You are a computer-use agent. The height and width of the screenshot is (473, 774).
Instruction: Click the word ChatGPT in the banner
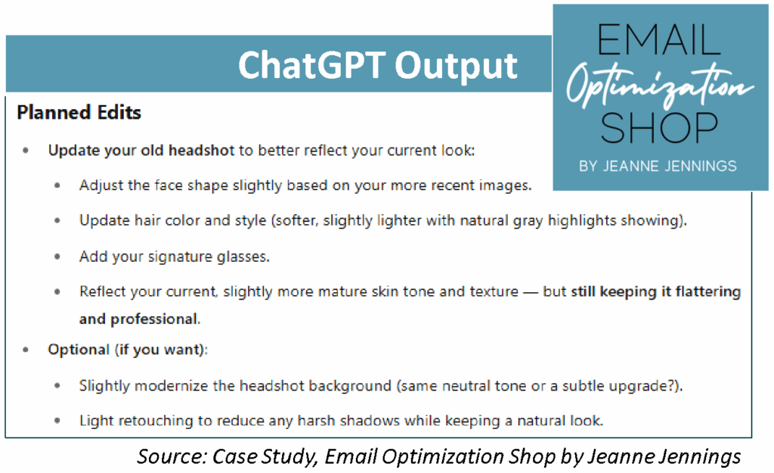[311, 65]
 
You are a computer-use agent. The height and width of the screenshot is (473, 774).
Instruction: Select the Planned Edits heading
[79, 113]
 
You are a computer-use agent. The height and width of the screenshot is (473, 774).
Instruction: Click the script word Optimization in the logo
[660, 84]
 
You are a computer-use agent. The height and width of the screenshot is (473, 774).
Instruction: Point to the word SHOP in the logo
[659, 127]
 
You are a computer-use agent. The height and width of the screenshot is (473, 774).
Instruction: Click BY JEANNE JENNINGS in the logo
[658, 166]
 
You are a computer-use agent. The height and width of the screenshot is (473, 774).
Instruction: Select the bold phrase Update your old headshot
[141, 151]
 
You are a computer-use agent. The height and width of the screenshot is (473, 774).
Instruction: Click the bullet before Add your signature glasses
[57, 257]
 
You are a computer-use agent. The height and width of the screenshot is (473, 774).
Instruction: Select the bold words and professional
[139, 319]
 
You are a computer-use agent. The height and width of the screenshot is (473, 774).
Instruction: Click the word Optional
[79, 350]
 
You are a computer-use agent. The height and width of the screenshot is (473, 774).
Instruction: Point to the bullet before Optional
[26, 350]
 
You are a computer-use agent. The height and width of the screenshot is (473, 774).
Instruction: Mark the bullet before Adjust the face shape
[57, 185]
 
